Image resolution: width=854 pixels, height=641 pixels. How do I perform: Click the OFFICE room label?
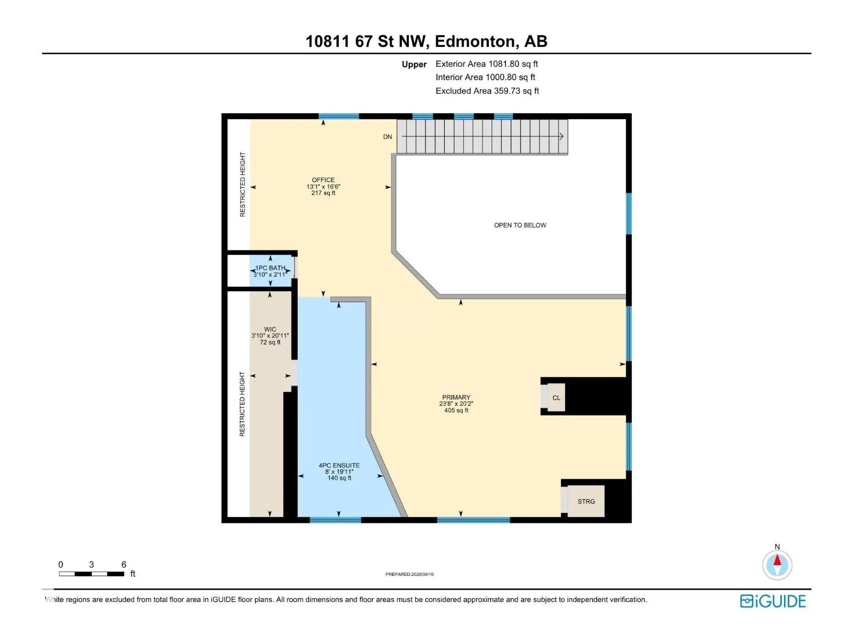pos(323,180)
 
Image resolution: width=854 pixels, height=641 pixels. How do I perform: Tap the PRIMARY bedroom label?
pos(456,397)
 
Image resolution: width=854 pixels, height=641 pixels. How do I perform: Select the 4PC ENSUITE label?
pos(339,465)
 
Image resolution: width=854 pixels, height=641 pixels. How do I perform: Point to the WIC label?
pos(270,329)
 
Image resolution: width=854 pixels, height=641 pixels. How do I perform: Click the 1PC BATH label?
pos(270,268)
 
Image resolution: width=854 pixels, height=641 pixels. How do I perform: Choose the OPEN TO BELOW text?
pos(520,225)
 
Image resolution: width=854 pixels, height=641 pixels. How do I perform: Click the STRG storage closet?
pos(586,501)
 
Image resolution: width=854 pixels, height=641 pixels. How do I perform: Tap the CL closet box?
pos(556,397)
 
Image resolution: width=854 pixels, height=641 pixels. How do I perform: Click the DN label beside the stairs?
pos(388,137)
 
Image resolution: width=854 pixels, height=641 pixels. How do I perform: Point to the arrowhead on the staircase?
pos(561,136)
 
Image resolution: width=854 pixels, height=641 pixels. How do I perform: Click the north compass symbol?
pos(777,564)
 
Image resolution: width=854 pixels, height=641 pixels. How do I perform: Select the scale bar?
pos(91,574)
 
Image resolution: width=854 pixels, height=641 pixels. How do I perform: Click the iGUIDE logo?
pos(772,601)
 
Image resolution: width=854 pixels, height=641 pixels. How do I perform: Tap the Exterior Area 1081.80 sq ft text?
pos(487,64)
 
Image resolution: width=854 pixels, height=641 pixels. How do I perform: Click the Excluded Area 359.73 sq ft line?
pos(487,91)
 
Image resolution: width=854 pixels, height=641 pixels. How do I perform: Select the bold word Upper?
pos(414,64)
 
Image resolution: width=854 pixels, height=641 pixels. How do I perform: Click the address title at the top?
pos(426,41)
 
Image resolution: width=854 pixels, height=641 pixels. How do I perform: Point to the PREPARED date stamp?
pos(409,574)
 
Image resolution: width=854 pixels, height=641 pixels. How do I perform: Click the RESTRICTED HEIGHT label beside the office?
pos(242,184)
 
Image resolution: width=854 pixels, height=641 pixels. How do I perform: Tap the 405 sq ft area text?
pos(456,410)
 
